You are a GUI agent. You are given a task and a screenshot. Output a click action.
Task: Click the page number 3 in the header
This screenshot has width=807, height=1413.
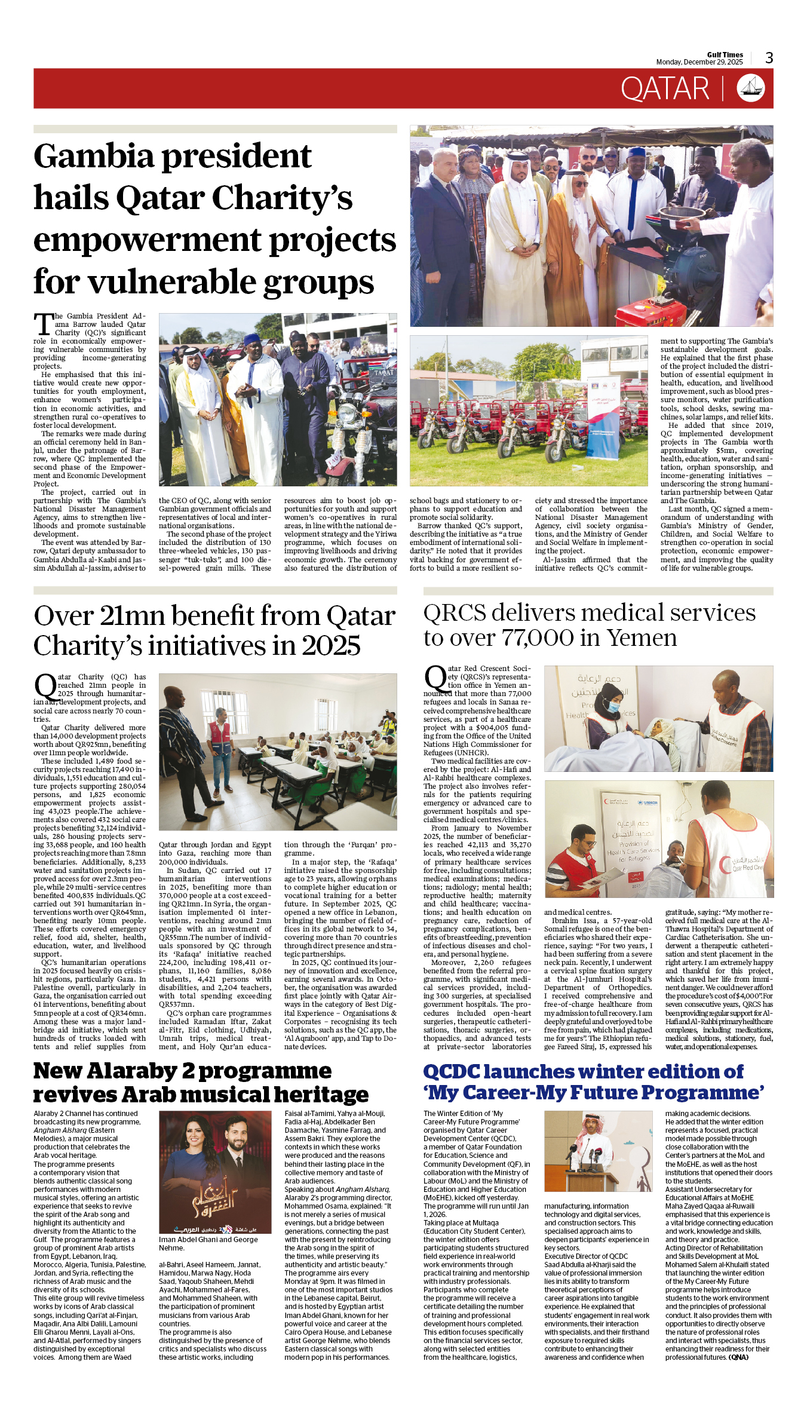coord(769,58)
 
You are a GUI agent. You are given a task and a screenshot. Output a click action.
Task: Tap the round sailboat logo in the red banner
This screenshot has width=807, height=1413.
coord(751,88)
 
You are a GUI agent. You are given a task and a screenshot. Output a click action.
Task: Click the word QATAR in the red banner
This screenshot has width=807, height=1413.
coord(665,89)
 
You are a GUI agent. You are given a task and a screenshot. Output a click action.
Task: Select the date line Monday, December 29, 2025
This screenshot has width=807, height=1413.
coord(699,62)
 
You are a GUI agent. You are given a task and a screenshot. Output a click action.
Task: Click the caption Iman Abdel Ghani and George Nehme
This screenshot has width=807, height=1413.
coord(208,1243)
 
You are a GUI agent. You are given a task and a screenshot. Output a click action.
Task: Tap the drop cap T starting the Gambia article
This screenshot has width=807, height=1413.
coord(44,325)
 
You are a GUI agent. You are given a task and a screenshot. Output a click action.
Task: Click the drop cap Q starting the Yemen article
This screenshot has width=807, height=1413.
coord(435,679)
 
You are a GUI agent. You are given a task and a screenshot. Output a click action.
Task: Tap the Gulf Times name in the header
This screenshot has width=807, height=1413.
coord(725,54)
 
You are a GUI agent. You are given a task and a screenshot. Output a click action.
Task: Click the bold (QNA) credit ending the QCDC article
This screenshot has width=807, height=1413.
coord(738,1357)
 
